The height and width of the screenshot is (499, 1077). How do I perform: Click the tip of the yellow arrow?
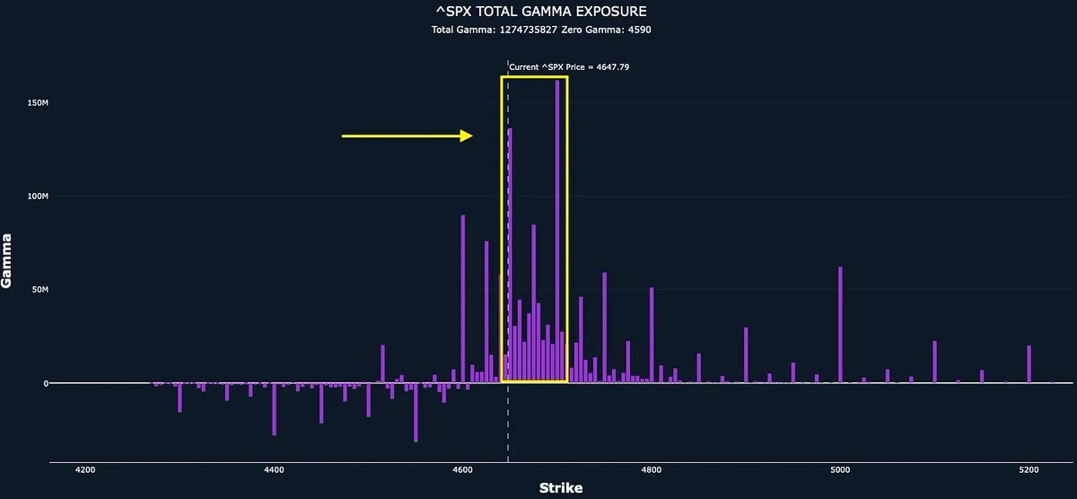click(x=471, y=136)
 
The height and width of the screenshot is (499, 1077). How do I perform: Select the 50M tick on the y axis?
click(x=39, y=290)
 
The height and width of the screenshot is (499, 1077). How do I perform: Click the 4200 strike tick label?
click(x=86, y=469)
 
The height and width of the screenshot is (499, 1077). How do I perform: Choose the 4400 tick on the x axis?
click(x=275, y=469)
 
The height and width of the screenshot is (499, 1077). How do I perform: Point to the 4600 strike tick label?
click(x=463, y=469)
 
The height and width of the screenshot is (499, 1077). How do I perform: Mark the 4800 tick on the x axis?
click(x=652, y=469)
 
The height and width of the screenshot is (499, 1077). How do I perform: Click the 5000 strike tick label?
click(x=840, y=469)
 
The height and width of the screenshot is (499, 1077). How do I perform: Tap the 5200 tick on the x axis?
click(x=1029, y=469)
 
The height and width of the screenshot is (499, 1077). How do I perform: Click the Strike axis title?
click(x=560, y=488)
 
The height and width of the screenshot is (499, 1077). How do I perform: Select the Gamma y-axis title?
click(x=7, y=260)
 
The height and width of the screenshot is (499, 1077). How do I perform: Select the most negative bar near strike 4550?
click(x=416, y=412)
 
